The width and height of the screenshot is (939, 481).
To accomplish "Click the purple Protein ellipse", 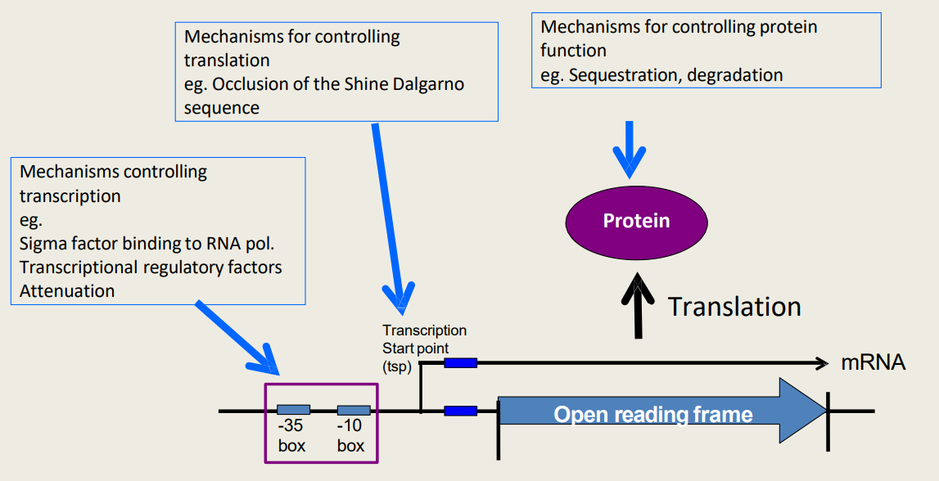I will (636, 221).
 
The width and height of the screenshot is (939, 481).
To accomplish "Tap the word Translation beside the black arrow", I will (734, 307).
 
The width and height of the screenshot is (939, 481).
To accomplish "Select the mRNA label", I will (873, 363).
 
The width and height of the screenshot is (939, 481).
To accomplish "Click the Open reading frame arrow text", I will (652, 414).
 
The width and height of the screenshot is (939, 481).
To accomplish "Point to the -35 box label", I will (291, 437).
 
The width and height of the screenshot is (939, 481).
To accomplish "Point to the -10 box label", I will (350, 437).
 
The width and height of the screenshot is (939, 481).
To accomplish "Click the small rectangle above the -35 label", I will (293, 410).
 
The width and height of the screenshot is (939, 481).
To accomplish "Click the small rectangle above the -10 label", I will (354, 410).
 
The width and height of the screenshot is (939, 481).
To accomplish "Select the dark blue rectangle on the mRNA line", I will (460, 362).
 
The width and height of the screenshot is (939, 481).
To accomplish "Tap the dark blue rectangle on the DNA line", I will (460, 411).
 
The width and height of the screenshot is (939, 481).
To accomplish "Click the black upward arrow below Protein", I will (637, 306).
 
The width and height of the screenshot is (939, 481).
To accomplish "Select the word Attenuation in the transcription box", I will (67, 290).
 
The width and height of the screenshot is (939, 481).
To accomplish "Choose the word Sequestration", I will (623, 75).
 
